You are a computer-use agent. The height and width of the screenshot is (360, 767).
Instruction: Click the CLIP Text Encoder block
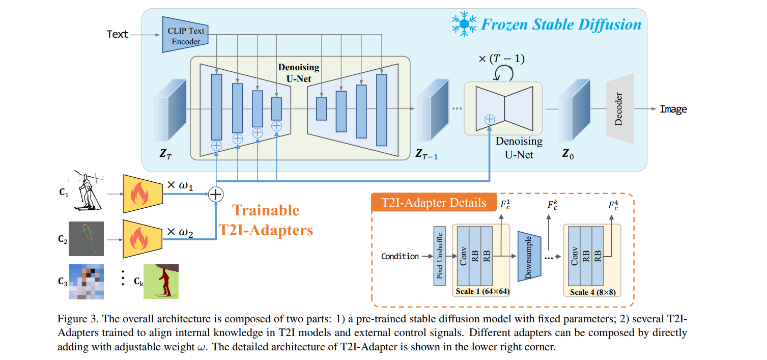(185, 35)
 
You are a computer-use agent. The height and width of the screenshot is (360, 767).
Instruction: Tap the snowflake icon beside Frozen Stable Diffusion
(464, 24)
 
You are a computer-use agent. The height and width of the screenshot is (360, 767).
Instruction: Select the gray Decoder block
(620, 108)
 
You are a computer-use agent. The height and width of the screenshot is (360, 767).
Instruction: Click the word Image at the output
(673, 109)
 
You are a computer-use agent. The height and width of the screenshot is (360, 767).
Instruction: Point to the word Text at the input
(118, 34)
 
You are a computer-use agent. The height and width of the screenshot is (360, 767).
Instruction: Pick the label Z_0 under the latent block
(568, 153)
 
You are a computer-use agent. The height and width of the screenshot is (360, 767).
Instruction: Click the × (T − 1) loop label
(501, 60)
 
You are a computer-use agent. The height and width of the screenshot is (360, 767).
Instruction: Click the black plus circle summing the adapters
(216, 194)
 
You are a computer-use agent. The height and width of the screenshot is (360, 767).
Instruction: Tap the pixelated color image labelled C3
(86, 281)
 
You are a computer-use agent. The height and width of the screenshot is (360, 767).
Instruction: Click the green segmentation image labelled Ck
(161, 281)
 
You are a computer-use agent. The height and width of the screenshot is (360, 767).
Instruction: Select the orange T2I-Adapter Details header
(434, 203)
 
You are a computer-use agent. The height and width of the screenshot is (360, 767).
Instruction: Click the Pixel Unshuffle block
(439, 256)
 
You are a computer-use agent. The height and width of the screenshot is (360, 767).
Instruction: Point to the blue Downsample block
(528, 256)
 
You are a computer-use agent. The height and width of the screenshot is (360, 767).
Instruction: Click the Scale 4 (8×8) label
(592, 292)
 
